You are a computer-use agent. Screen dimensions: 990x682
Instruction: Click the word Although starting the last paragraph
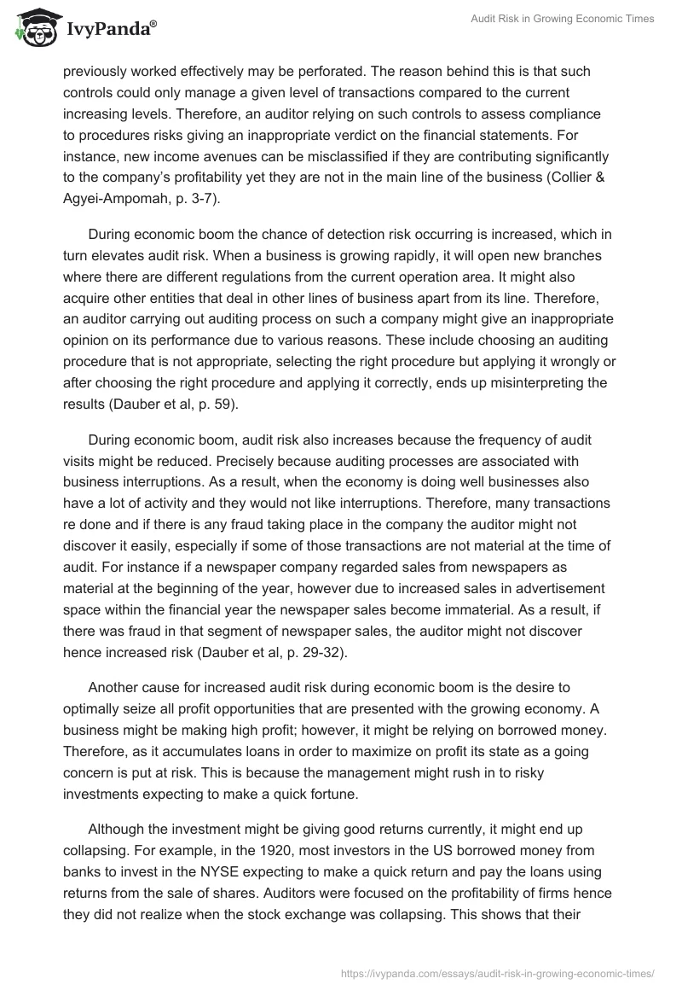(x=117, y=829)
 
